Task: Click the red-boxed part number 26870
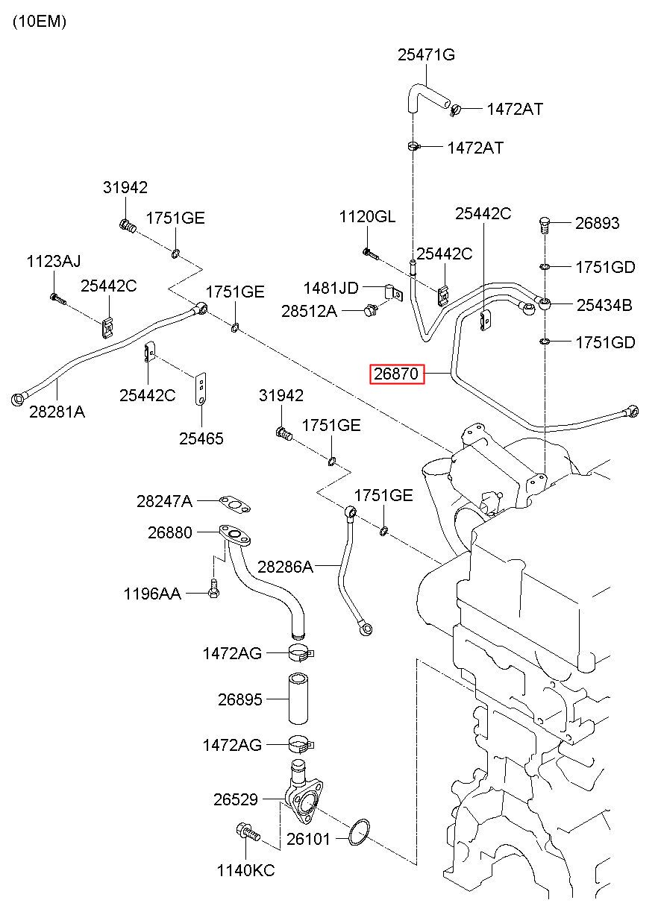click(x=396, y=374)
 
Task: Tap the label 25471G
click(x=426, y=55)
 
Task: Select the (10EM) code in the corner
click(x=40, y=21)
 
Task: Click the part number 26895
click(x=240, y=699)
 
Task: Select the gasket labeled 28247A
click(x=235, y=504)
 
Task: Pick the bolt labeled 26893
click(x=545, y=225)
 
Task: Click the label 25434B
click(x=604, y=305)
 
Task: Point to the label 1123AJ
click(x=54, y=261)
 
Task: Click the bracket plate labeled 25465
click(x=200, y=389)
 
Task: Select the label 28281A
click(x=57, y=412)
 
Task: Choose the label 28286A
click(x=285, y=567)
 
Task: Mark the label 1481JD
click(x=330, y=288)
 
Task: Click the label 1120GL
click(x=367, y=217)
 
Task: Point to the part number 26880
click(x=170, y=532)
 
